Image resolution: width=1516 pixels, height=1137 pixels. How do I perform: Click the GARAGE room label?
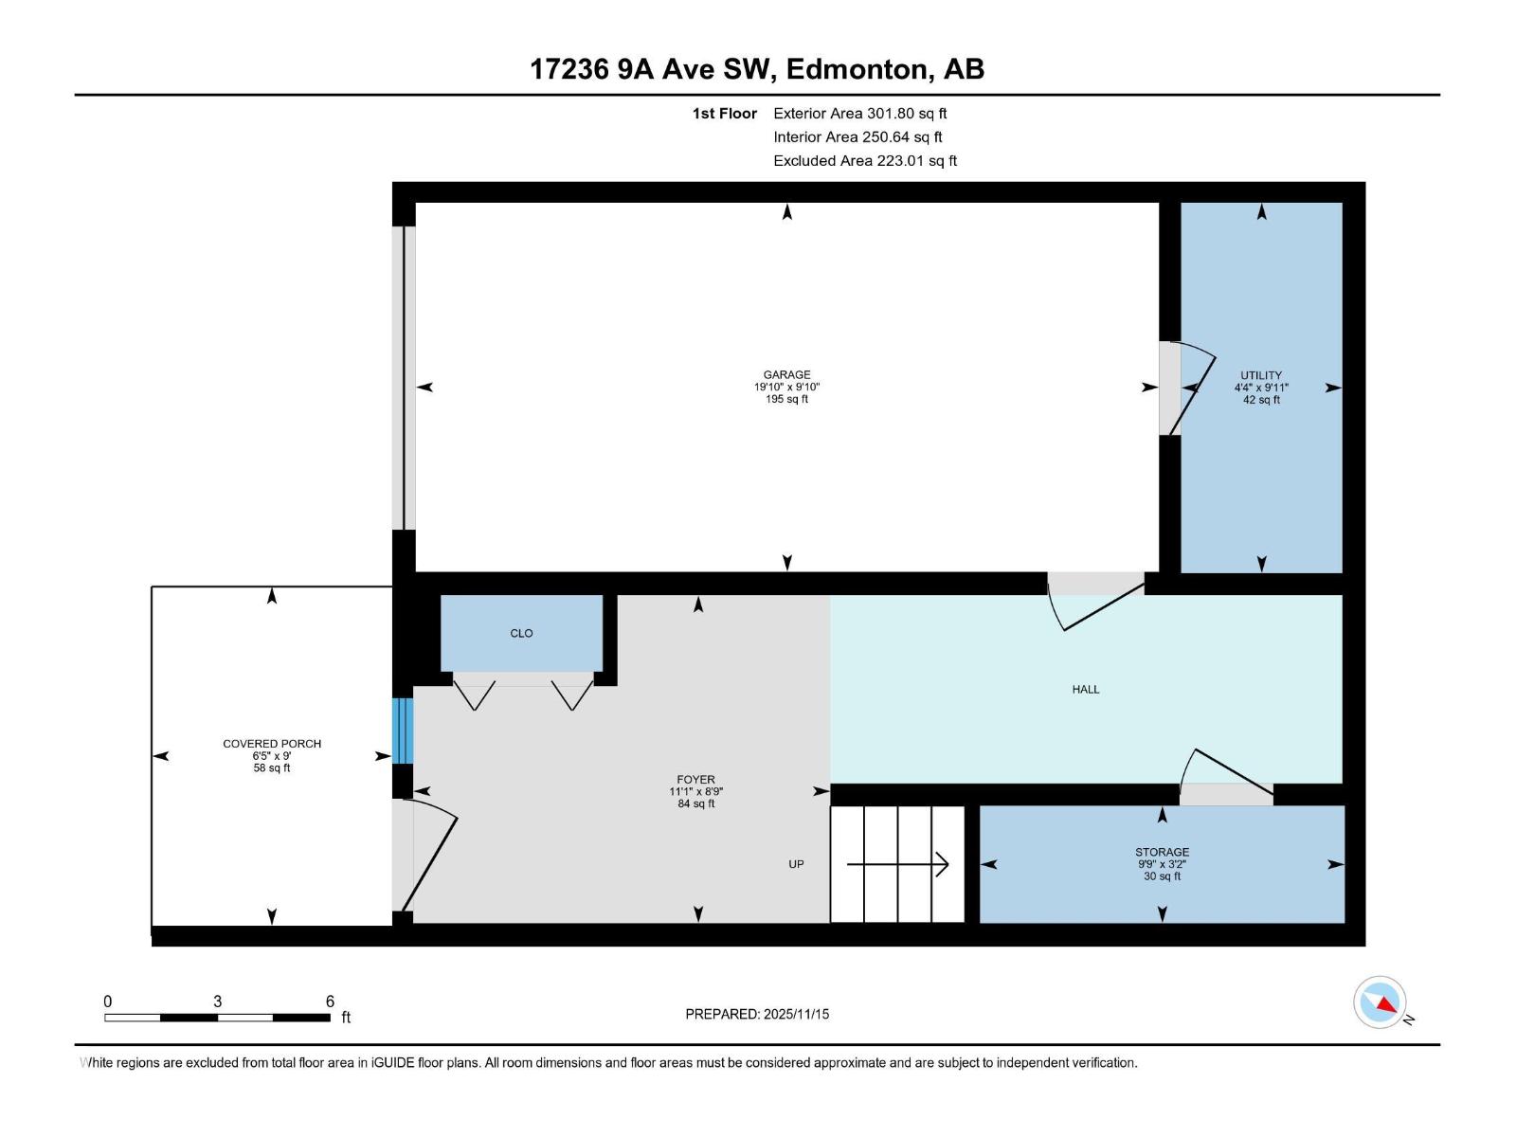(786, 374)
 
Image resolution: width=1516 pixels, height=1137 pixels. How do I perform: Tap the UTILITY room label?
(1261, 375)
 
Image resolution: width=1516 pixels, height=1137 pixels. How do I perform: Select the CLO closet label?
(521, 633)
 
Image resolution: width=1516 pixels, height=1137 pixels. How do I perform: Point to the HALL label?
(1086, 689)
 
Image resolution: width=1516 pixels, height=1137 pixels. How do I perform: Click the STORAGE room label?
(1162, 852)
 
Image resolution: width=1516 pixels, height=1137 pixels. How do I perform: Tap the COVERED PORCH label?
(272, 744)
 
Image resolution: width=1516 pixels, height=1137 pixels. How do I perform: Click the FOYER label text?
(695, 780)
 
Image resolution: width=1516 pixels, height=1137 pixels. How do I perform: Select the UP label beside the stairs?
(796, 864)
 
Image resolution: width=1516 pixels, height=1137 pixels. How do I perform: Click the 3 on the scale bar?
(218, 1002)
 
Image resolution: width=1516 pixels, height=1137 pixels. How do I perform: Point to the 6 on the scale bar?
(330, 1002)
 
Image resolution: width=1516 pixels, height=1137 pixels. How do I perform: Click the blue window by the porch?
(403, 731)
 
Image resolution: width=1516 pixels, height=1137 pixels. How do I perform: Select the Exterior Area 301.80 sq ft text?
(859, 113)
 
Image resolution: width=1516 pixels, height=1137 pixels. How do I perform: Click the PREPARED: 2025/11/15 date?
(757, 1014)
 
